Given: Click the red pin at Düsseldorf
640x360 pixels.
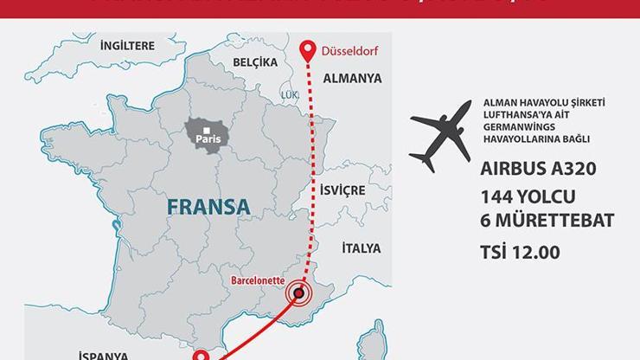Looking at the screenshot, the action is (x=306, y=49).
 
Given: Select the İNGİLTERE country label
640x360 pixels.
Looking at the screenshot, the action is (x=127, y=45).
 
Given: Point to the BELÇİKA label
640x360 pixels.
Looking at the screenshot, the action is (x=255, y=62).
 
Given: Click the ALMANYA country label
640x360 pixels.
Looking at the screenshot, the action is (x=352, y=79).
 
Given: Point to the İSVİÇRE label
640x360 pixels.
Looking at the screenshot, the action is (x=343, y=190).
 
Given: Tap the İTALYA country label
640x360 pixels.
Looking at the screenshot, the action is (x=361, y=248).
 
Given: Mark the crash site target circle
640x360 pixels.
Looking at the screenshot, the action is (x=298, y=294).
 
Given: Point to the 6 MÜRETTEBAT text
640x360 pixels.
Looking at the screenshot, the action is (x=547, y=221).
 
